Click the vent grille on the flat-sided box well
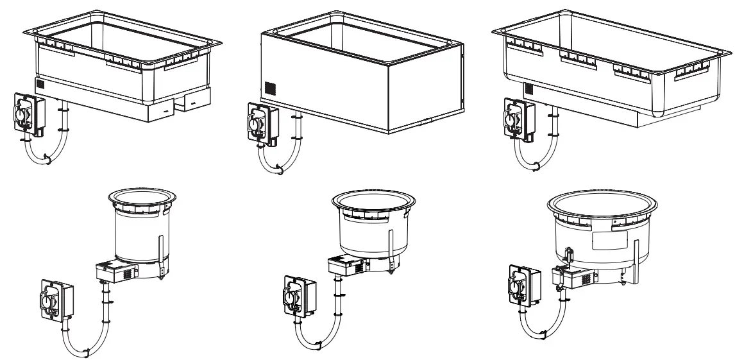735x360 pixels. (x=270, y=87)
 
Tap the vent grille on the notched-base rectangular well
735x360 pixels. (x=41, y=85)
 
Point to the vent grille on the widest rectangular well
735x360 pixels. (x=529, y=89)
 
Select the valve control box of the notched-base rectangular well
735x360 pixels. (x=28, y=115)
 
